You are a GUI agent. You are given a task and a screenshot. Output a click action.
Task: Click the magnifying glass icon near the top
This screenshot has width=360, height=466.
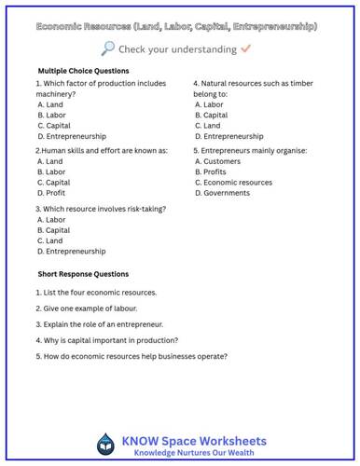(x=109, y=48)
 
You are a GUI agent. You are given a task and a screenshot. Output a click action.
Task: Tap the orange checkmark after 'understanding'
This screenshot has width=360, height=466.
(x=245, y=48)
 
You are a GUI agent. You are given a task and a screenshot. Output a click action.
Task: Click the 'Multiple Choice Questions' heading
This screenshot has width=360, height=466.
(x=83, y=71)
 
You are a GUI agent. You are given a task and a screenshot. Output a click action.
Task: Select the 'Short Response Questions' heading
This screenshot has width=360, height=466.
(x=83, y=274)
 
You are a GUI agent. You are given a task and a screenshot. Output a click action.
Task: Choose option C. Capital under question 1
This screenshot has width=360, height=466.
(x=54, y=125)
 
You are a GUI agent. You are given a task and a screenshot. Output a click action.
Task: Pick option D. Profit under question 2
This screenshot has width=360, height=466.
(x=52, y=193)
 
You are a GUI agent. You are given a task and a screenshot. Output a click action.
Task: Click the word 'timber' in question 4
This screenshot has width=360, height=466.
(x=301, y=83)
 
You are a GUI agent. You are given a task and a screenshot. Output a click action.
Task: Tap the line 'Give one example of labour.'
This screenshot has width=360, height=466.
(x=86, y=308)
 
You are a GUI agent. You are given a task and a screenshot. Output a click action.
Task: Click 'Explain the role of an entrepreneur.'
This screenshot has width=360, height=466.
(x=100, y=323)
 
